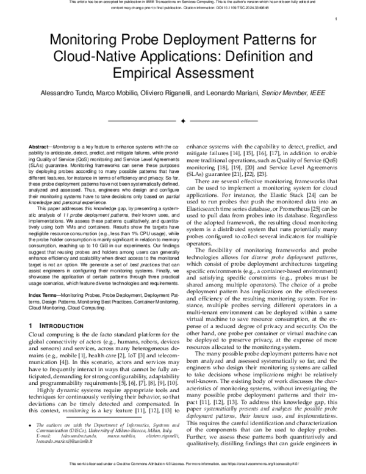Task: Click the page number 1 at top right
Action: [x=337, y=19]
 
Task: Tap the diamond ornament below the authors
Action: [x=183, y=122]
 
